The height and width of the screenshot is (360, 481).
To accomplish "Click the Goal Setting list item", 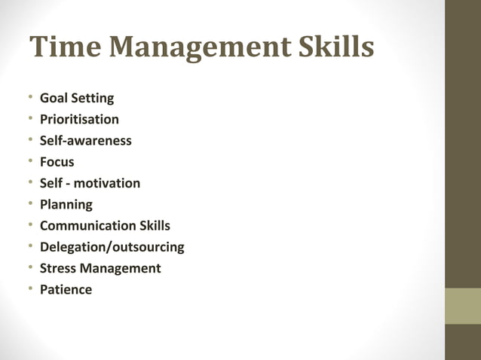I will click(76, 98).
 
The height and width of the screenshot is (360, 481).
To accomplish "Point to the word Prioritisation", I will click(79, 119).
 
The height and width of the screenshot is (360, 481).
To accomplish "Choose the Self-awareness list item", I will click(85, 140).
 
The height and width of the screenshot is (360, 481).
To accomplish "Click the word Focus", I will click(57, 162).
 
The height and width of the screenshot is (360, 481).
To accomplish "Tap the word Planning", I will click(66, 204).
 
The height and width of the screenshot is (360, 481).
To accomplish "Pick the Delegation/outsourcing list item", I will click(112, 247).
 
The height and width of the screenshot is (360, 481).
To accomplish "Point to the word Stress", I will click(59, 268).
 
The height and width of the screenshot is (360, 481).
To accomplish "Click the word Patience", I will click(66, 289).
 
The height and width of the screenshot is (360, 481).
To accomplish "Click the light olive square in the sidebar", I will click(462, 306).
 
